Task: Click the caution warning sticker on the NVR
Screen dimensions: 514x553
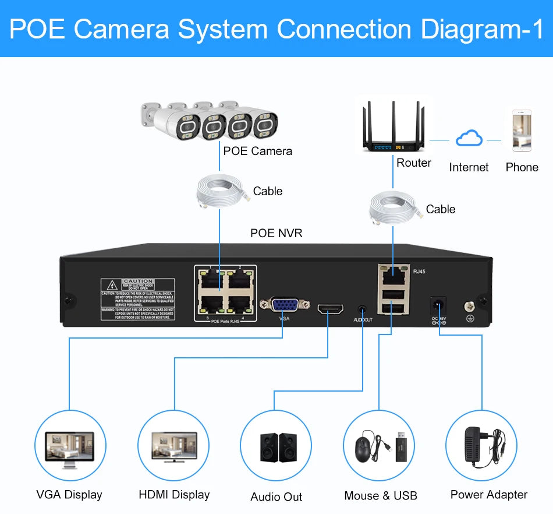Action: click(x=137, y=299)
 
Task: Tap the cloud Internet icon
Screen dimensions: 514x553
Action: click(x=469, y=139)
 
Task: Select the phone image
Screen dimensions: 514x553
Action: click(x=521, y=131)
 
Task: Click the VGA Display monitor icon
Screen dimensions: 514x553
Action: click(x=70, y=448)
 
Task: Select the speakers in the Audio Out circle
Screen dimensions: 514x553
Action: click(x=277, y=448)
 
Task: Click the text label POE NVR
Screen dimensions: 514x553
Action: click(x=276, y=233)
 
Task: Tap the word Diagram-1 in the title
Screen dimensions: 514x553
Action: click(x=478, y=29)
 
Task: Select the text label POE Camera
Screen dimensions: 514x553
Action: click(x=257, y=151)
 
